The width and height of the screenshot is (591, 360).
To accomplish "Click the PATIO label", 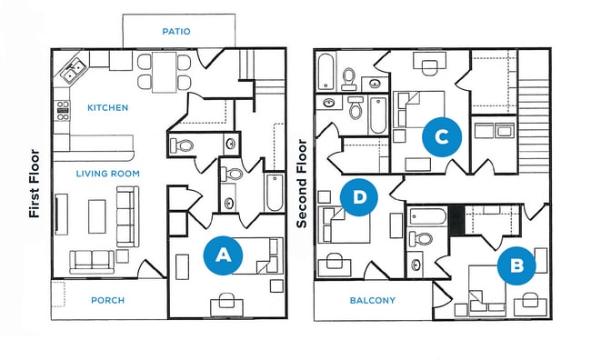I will [176, 31].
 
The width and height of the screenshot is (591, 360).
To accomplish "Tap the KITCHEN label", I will [107, 107].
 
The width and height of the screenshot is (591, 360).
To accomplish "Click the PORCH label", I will [108, 300].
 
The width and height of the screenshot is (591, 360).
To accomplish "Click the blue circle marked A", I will [221, 256].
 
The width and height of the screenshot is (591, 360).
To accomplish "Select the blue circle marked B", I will [517, 265].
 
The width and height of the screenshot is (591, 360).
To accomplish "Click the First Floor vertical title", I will [35, 185].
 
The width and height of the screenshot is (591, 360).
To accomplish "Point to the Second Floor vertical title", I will [303, 184].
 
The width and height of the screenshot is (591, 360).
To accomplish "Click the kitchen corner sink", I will [72, 67].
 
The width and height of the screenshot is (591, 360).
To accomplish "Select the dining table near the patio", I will [165, 71].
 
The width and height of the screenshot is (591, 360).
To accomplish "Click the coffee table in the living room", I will [97, 216].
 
